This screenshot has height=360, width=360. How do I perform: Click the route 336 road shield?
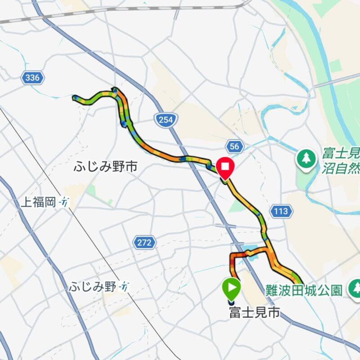pyautogui.click(x=32, y=78)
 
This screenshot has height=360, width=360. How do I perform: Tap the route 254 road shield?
pyautogui.click(x=166, y=119)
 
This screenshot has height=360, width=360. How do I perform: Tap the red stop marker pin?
pyautogui.click(x=225, y=167)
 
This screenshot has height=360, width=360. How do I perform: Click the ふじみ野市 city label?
pyautogui.click(x=105, y=167)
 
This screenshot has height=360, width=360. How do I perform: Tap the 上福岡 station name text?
pyautogui.click(x=39, y=202)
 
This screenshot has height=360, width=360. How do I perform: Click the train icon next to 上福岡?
pyautogui.click(x=65, y=202)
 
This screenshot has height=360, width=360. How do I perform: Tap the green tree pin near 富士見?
pyautogui.click(x=306, y=158)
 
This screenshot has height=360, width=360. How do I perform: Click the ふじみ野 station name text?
pyautogui.click(x=93, y=287)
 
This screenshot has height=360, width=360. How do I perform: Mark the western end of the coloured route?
pyautogui.click(x=74, y=97)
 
